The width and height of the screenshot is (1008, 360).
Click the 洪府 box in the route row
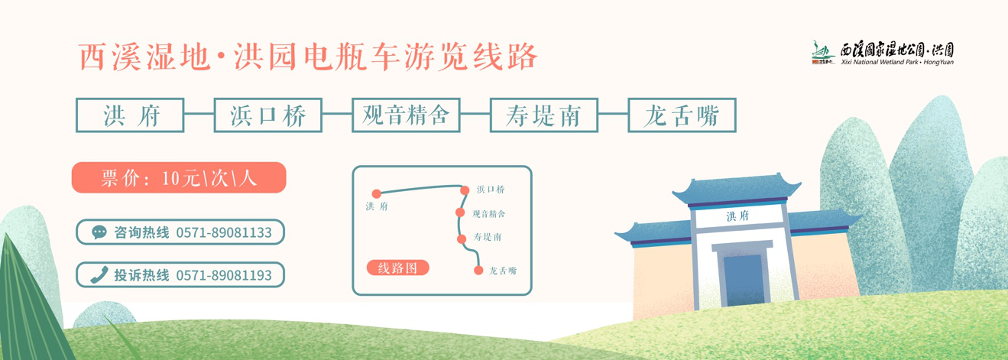130,115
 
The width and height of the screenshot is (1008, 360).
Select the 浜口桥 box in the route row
267,115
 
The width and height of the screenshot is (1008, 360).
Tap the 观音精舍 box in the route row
405,115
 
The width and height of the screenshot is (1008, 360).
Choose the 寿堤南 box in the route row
543,115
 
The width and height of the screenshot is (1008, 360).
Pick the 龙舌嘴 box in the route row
681,115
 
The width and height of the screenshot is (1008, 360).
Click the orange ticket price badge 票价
179,177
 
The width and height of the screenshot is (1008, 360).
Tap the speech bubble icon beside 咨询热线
99,232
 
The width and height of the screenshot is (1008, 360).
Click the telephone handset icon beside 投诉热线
99,275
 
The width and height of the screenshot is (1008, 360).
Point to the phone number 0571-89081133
224,232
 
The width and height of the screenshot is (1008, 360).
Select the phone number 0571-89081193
224,275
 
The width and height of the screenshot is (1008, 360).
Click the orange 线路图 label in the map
397,268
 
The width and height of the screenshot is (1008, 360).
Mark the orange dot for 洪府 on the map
376,194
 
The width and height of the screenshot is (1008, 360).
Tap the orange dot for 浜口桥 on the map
465,190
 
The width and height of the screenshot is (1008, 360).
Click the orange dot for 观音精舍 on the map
460,212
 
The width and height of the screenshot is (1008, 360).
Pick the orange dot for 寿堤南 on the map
462,239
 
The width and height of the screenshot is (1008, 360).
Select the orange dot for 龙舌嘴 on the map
478,270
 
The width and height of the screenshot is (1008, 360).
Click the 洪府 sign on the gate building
737,216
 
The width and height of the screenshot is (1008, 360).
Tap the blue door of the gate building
743,280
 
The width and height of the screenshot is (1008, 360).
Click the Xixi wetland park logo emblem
823,52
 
